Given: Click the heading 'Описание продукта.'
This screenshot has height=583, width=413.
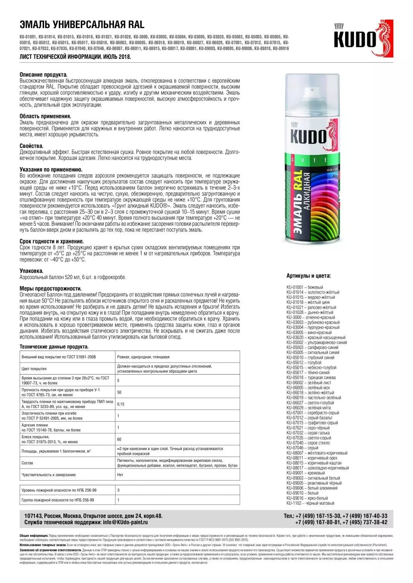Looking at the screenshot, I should click(43, 75).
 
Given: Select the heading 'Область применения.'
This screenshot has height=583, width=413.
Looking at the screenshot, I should click(45, 116).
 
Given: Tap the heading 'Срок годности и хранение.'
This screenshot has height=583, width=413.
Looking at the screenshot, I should click(51, 242).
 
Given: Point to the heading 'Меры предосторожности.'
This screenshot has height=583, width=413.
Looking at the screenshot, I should click(50, 288).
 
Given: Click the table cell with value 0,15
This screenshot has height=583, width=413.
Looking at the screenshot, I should click(121, 404).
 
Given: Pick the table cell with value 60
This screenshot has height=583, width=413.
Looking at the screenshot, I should click(119, 439).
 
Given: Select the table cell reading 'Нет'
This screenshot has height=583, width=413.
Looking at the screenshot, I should click(120, 475).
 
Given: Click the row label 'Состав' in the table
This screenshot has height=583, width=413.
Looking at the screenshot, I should click(27, 463).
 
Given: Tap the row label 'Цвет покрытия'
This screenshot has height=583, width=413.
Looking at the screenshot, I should click(34, 369).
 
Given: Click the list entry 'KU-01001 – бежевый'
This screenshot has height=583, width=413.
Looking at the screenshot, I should click(304, 287).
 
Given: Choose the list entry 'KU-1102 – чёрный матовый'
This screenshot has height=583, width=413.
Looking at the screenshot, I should click(310, 503).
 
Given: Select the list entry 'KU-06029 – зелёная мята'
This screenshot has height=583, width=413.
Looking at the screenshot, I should click(308, 408).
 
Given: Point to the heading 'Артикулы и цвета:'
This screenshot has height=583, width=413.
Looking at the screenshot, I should click(308, 276).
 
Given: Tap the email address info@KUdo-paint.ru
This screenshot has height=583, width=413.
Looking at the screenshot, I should click(125, 522).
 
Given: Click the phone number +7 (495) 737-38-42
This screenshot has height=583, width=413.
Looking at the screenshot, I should click(363, 522).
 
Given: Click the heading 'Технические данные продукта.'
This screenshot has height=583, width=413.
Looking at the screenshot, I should click(54, 347).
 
